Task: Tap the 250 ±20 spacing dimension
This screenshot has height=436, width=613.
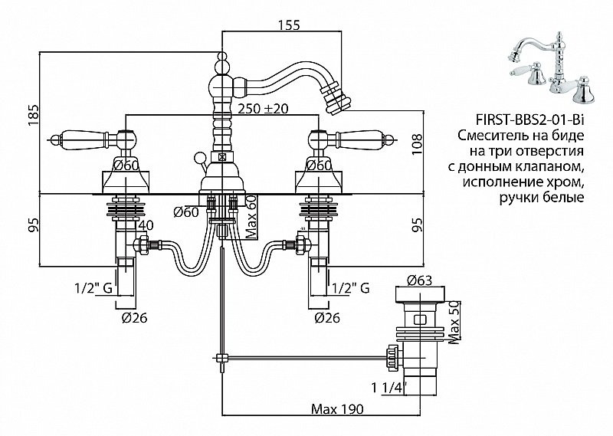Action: pos(262,109)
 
